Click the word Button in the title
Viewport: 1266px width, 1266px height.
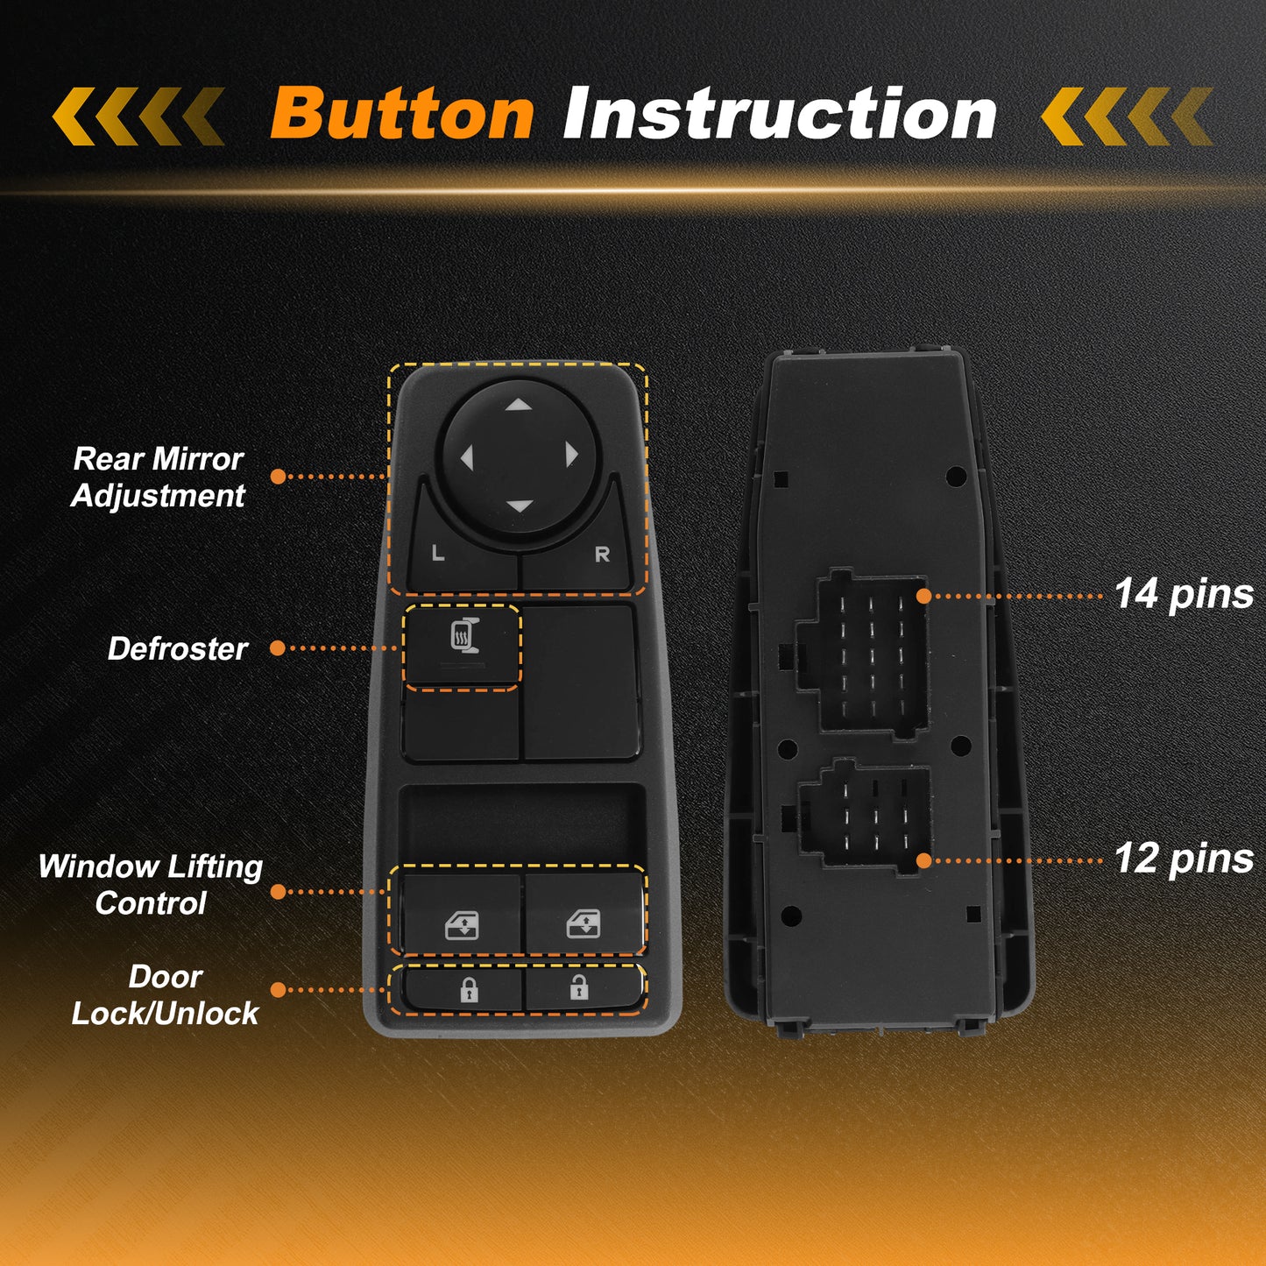(x=402, y=113)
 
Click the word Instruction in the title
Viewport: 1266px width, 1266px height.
(x=780, y=113)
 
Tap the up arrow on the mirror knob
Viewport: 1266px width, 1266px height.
(x=519, y=404)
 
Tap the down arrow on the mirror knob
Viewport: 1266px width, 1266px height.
(x=520, y=506)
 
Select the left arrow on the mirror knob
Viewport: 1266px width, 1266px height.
(x=467, y=457)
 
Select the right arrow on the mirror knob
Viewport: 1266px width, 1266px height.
(x=571, y=455)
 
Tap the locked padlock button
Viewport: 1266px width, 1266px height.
(x=468, y=990)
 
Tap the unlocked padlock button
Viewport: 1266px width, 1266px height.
(x=578, y=987)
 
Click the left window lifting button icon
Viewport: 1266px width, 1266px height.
(x=462, y=925)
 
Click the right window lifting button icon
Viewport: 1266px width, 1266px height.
(x=583, y=923)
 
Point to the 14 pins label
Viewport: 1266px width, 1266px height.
(x=1184, y=595)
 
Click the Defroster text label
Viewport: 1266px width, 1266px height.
(x=177, y=649)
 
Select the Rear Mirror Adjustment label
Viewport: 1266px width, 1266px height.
(x=158, y=477)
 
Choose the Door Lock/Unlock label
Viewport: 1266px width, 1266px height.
(x=164, y=994)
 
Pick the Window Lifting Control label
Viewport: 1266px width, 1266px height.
(x=151, y=884)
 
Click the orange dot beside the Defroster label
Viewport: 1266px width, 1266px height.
(x=278, y=648)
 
